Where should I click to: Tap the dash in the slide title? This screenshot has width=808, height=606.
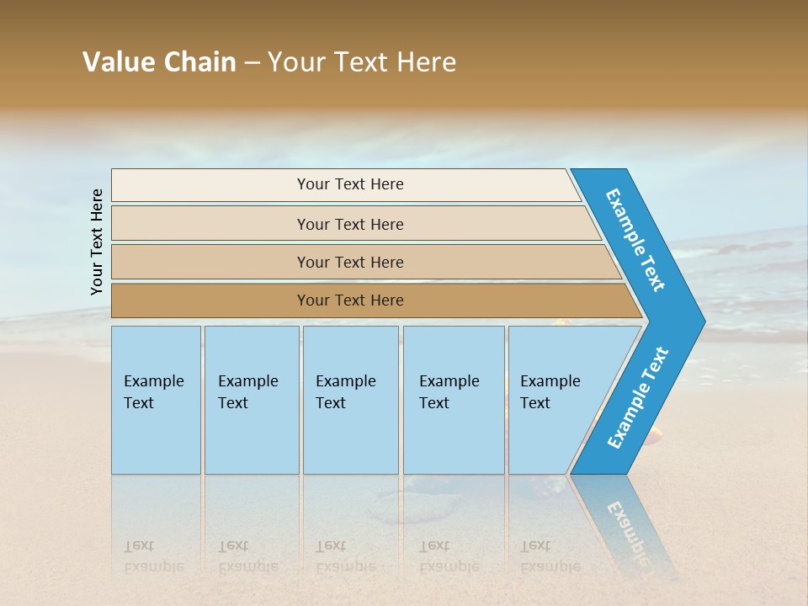click(x=252, y=63)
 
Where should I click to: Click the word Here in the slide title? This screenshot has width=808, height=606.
click(x=426, y=62)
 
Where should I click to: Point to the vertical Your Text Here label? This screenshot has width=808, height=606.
click(x=97, y=242)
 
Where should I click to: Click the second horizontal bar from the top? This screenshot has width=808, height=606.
click(x=350, y=224)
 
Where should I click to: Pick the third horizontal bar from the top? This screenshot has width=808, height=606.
click(x=350, y=262)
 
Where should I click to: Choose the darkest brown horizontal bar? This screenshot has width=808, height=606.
click(x=350, y=300)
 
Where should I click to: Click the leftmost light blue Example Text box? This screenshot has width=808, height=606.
click(x=156, y=399)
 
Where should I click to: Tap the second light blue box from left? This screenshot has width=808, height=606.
click(x=251, y=399)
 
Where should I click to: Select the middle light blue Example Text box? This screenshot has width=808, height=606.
click(x=350, y=399)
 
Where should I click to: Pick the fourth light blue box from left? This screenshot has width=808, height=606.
click(x=453, y=399)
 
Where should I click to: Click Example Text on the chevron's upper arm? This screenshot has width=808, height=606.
click(x=635, y=240)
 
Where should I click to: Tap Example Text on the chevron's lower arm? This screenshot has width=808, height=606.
click(x=638, y=398)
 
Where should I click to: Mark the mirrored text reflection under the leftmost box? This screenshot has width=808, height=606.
click(x=153, y=556)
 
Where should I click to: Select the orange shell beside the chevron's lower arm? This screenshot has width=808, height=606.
click(x=654, y=433)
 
